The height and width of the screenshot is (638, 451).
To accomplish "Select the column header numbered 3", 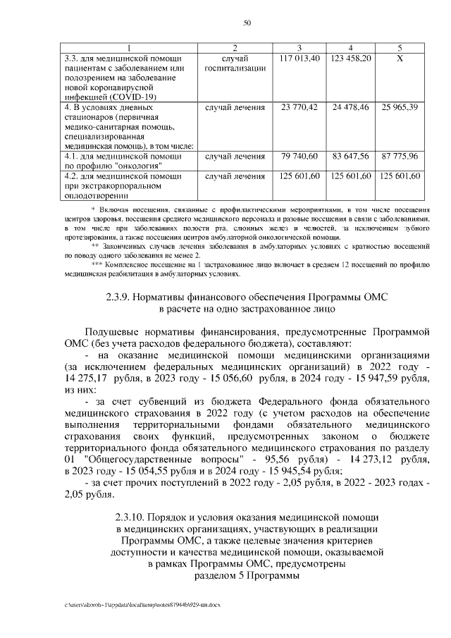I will [299, 47].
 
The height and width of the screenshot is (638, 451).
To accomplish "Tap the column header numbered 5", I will [400, 47].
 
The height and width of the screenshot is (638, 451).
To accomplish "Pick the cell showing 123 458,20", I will [350, 58].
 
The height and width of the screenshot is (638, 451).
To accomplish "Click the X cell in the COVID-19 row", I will [400, 58].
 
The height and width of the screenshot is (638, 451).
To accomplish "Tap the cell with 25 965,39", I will [400, 107].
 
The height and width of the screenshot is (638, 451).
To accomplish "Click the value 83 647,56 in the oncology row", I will [350, 157].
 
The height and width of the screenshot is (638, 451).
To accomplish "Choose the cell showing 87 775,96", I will [400, 157].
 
